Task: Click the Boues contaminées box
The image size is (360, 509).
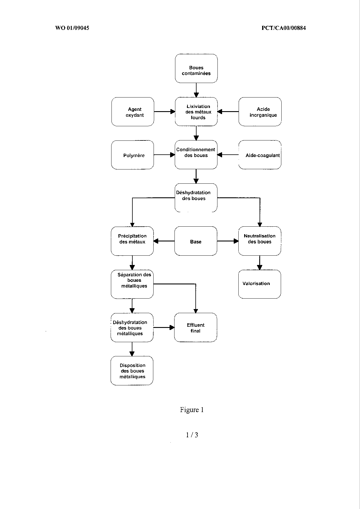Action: click(x=196, y=68)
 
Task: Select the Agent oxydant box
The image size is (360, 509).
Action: click(x=133, y=112)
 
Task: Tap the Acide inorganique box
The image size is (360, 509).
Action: click(x=260, y=112)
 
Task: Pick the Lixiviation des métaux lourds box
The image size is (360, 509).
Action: click(x=196, y=112)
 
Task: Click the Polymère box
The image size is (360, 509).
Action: click(x=133, y=155)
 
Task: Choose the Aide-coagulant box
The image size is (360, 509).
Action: click(x=260, y=155)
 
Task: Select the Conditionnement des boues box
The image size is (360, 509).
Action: click(x=196, y=155)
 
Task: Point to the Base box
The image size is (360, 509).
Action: click(x=196, y=241)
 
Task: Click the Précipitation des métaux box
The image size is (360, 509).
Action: click(x=132, y=241)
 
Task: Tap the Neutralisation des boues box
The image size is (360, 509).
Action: click(x=260, y=241)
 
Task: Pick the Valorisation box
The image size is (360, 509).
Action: click(x=260, y=284)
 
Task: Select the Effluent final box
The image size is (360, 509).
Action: click(x=196, y=327)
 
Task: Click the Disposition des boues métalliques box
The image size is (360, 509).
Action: click(x=132, y=371)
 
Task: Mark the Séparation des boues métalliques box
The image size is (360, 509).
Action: click(x=132, y=284)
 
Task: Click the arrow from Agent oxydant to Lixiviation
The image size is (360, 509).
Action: click(x=165, y=111)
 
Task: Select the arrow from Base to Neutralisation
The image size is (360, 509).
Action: click(x=228, y=241)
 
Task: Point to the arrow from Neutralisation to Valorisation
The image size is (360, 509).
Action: click(x=260, y=263)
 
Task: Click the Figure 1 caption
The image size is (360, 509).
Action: click(x=192, y=410)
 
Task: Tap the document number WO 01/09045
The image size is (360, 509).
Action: click(x=72, y=28)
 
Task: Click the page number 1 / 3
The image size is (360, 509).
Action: click(x=192, y=435)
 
